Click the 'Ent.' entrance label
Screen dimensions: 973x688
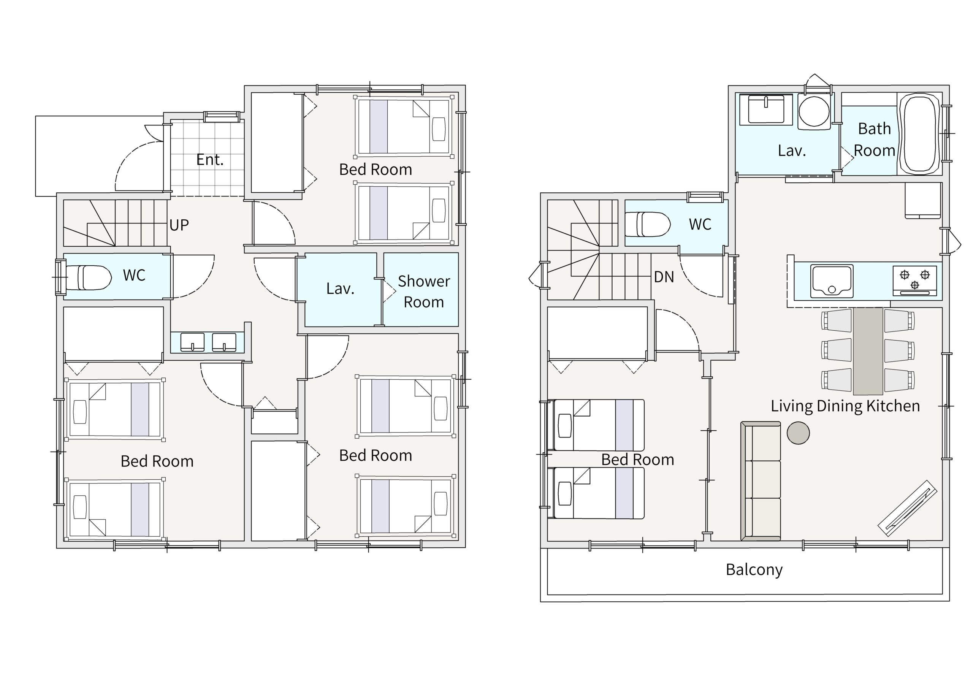(x=210, y=160)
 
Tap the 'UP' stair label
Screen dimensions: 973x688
(x=179, y=225)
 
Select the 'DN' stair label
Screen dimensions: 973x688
(x=664, y=277)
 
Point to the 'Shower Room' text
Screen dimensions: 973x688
(x=424, y=292)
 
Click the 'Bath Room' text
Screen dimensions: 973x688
(x=874, y=140)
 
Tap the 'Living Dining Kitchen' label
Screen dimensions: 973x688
(x=845, y=406)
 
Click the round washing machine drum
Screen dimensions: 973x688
(x=814, y=111)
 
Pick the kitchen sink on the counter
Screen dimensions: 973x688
(x=832, y=281)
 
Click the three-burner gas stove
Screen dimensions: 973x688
(x=914, y=280)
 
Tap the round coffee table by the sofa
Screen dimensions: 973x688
(x=798, y=433)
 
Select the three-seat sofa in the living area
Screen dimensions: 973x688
(x=761, y=481)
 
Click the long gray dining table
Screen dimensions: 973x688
(x=868, y=351)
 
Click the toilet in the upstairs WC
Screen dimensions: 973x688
(x=647, y=224)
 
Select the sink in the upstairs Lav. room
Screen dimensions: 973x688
(x=766, y=109)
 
